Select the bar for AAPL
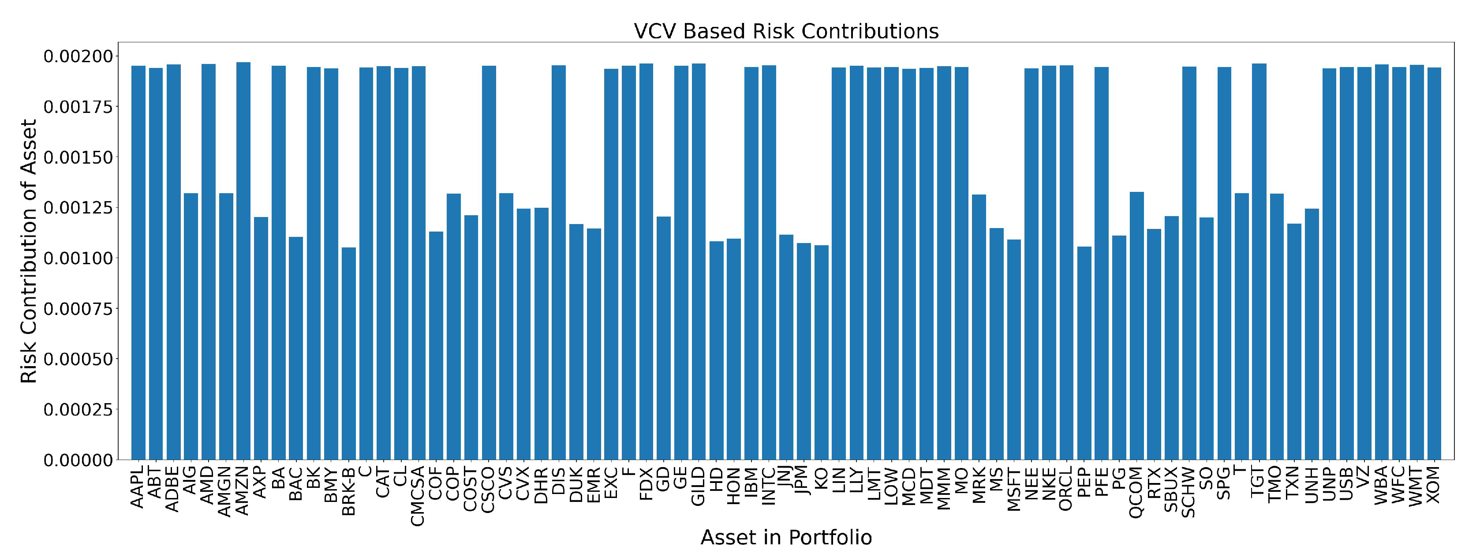[x=138, y=262]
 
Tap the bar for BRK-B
[x=349, y=353]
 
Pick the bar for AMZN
[x=243, y=262]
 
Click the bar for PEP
[x=1084, y=353]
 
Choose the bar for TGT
[x=1259, y=262]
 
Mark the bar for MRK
[x=979, y=327]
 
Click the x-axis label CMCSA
[x=419, y=495]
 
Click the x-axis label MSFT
[x=1014, y=489]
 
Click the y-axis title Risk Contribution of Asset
[x=28, y=250]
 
